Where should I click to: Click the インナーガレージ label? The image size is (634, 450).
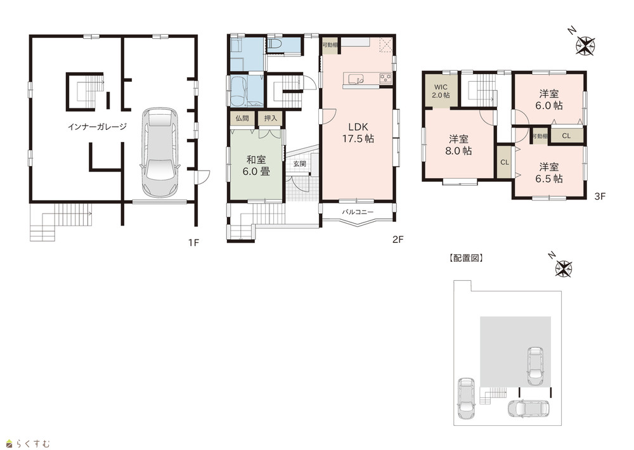coord(97,127)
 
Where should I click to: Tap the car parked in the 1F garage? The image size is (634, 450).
coord(160,152)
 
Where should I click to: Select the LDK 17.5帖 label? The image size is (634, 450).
coord(358,132)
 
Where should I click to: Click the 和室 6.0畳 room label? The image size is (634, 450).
coord(256,165)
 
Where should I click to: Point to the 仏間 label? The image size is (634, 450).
coord(242,119)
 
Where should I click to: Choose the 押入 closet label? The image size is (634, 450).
coord(271,119)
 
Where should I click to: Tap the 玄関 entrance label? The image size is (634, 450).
coord(300,164)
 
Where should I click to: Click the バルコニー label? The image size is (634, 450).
coord(358,212)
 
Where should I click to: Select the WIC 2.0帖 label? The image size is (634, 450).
coord(441,91)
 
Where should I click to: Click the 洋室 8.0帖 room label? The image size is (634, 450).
coord(458,145)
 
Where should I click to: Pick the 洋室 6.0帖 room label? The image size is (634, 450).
coord(548,100)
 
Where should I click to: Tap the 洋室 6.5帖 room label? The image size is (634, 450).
coord(548,172)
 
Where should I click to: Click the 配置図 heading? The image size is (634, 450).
coord(466,258)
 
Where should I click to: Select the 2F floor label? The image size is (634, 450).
coord(398,240)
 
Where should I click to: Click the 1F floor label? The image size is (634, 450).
coord(193,242)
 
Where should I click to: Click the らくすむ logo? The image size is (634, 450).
coord(29,444)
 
